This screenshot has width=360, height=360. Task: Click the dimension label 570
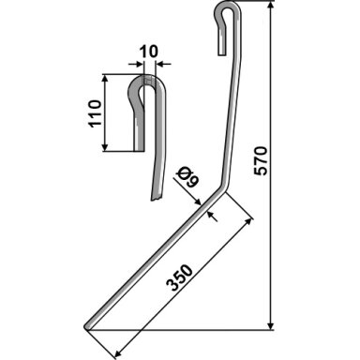[262, 160]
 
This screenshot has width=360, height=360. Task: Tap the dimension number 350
[180, 277]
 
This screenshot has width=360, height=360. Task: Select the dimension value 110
[96, 112]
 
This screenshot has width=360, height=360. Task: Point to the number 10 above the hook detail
[148, 52]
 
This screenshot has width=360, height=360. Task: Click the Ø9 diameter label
[187, 177]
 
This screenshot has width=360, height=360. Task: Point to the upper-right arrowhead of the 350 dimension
[247, 222]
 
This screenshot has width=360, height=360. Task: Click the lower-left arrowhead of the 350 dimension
[117, 352]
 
